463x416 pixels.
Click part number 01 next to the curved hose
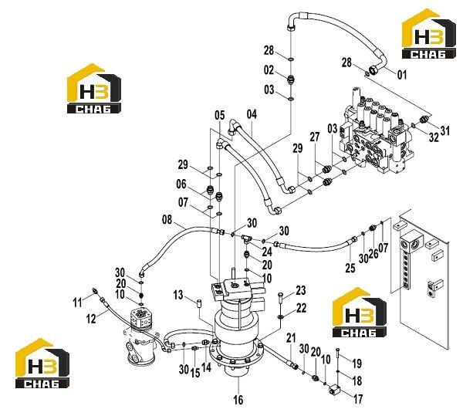point(401,75)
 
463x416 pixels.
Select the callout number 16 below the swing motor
point(238,400)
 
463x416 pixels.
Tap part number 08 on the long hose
point(167,220)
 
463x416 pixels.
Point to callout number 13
point(178,295)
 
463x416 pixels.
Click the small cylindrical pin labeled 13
point(199,303)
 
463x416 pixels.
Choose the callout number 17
point(358,399)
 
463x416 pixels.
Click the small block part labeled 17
point(334,391)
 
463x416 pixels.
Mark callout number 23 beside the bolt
point(301,290)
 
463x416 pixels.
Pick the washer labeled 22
point(280,317)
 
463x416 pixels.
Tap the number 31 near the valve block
point(444,130)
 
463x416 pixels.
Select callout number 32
point(434,137)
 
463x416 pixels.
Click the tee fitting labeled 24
point(245,238)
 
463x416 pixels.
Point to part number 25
point(350,268)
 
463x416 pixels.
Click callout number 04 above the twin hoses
point(252,114)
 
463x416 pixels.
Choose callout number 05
point(220,115)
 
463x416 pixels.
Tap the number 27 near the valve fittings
point(315,137)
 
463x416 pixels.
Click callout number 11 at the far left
point(77,303)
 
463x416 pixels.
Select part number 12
point(91,319)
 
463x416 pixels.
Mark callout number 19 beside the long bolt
point(357,364)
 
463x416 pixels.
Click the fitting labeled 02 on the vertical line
point(291,79)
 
